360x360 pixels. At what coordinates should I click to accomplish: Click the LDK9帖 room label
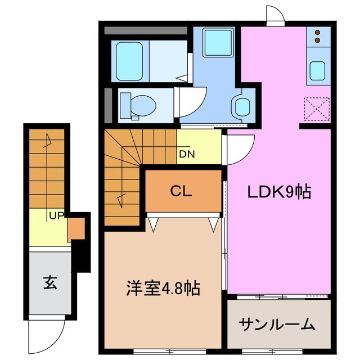pyautogui.click(x=280, y=193)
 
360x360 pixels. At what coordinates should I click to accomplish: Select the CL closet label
pyautogui.click(x=181, y=191)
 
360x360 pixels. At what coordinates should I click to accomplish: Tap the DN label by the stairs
pyautogui.click(x=187, y=154)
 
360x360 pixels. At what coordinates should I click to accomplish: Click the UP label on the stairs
pyautogui.click(x=56, y=215)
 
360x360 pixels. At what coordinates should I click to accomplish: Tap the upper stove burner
pyautogui.click(x=317, y=33)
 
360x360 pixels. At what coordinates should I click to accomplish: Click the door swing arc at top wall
pyautogui.click(x=274, y=15)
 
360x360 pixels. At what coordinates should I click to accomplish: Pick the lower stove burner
pyautogui.click(x=317, y=40)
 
